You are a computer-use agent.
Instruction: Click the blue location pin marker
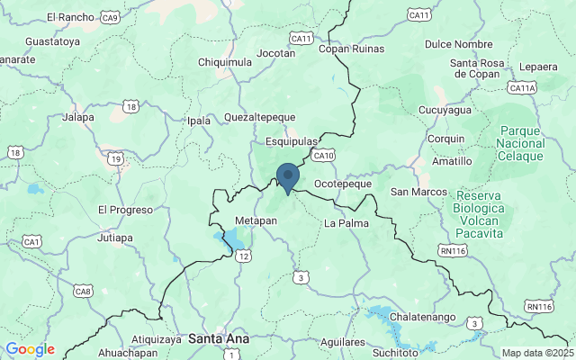[288, 176]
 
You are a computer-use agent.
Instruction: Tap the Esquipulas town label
[292, 142]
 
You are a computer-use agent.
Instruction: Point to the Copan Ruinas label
[355, 49]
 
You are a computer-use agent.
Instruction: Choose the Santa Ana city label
[216, 338]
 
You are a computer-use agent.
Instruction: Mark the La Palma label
[346, 222]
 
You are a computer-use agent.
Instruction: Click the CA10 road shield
[323, 156]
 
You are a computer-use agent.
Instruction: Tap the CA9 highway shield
[111, 17]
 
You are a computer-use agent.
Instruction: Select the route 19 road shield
[115, 158]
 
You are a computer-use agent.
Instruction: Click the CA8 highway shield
[83, 291]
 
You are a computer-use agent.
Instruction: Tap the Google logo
[30, 349]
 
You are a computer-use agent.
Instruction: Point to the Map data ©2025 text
[537, 353]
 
